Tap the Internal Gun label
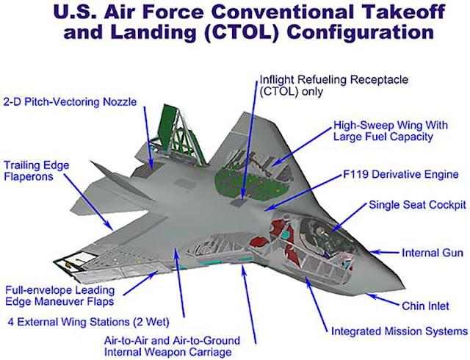[x=431, y=253]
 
